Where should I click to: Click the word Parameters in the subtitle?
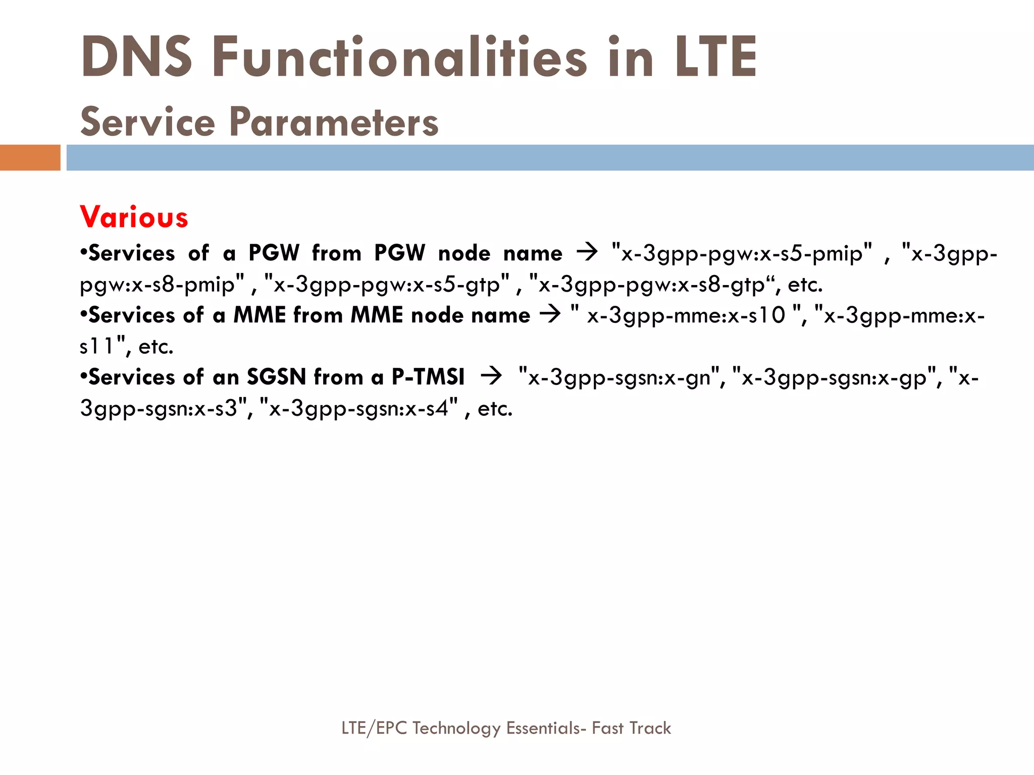[334, 122]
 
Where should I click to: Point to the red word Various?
[134, 217]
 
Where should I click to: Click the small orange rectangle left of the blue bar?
[30, 157]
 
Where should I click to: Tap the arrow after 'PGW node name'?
[587, 251]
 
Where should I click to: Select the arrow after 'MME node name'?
[550, 314]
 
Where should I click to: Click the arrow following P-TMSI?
[491, 376]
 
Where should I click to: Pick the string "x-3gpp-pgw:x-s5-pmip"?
[741, 253]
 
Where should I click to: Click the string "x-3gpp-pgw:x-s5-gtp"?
[386, 285]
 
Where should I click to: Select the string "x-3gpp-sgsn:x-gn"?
[619, 377]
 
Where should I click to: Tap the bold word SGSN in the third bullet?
[276, 377]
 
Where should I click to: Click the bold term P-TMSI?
[428, 377]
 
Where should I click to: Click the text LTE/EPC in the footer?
[374, 728]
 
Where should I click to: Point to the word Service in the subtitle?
[147, 122]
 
